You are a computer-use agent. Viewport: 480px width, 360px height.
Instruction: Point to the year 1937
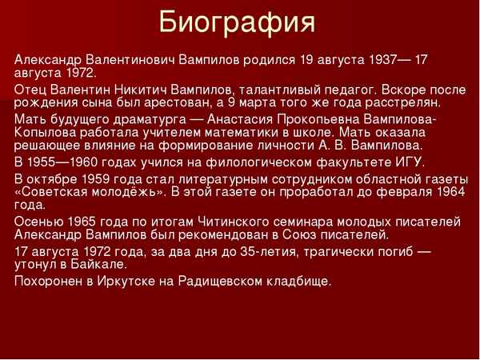pos(386,59)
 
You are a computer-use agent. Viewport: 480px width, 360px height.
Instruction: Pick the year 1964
pos(447,191)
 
